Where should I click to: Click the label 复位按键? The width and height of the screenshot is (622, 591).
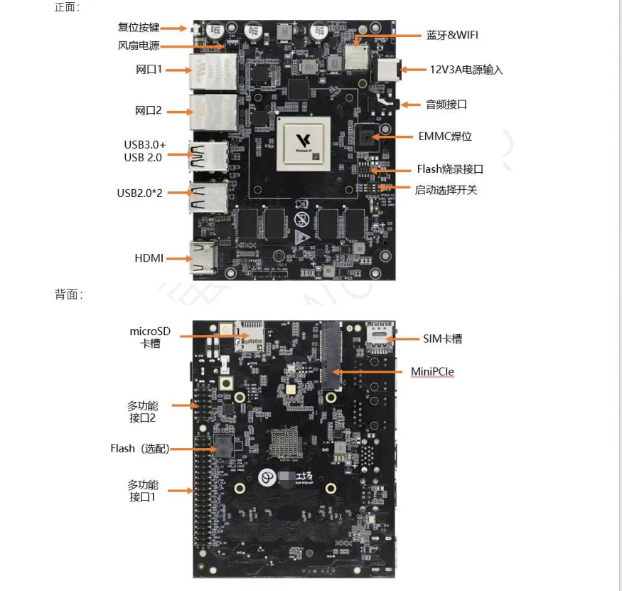click(x=138, y=28)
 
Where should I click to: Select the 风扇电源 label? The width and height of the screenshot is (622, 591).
click(x=138, y=46)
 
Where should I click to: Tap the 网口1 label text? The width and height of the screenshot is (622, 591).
click(x=149, y=70)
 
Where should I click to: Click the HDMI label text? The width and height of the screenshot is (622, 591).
click(x=149, y=258)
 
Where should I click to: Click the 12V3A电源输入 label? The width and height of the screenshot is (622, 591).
click(x=466, y=70)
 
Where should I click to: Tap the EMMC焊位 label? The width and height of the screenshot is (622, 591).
click(x=445, y=136)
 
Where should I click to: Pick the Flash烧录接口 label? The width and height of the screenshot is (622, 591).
click(x=450, y=169)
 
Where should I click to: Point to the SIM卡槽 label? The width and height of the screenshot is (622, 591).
click(x=442, y=339)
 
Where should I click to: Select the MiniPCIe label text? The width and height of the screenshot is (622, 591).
click(x=432, y=371)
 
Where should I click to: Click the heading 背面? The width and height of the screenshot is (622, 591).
click(x=68, y=294)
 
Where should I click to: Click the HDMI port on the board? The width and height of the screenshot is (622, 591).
click(x=205, y=257)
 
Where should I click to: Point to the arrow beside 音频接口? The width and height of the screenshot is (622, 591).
click(x=411, y=105)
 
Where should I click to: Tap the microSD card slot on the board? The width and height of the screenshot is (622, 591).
click(x=250, y=335)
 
